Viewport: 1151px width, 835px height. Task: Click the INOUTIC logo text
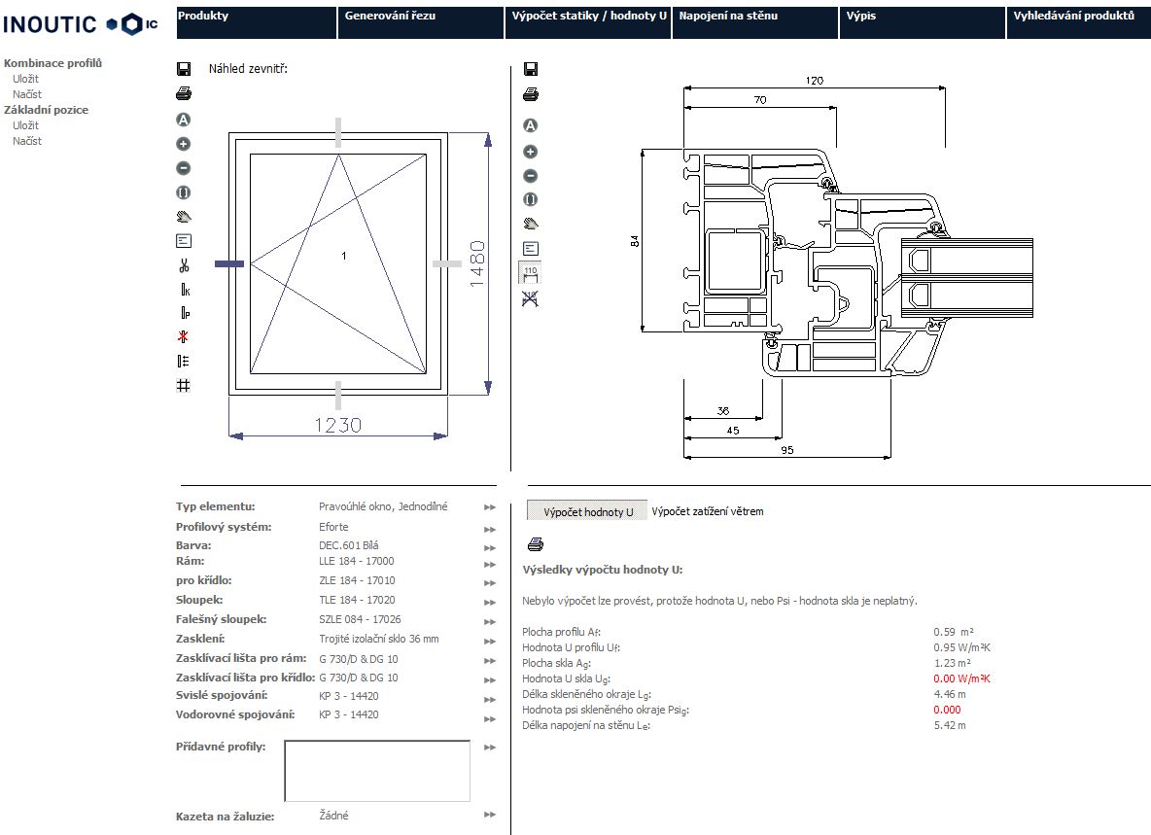(51, 24)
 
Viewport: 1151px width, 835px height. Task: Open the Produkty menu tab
(203, 17)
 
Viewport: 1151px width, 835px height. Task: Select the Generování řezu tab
(390, 17)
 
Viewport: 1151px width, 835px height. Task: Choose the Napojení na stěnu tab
(728, 17)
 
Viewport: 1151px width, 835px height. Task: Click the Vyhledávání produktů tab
(1073, 17)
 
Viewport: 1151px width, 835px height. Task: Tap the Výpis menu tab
(861, 17)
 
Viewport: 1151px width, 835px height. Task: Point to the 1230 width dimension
(337, 425)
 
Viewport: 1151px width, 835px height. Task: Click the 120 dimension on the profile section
(816, 81)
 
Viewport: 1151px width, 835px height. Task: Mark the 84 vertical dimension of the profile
(635, 241)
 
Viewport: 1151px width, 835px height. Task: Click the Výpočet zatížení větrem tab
(707, 511)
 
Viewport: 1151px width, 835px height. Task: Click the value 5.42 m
(949, 725)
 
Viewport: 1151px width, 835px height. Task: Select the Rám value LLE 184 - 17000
(356, 561)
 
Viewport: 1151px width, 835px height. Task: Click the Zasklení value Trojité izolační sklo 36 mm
(378, 639)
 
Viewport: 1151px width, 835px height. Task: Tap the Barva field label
(193, 545)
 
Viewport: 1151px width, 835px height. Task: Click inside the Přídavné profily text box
(377, 770)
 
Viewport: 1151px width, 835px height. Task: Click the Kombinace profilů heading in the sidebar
(52, 63)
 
